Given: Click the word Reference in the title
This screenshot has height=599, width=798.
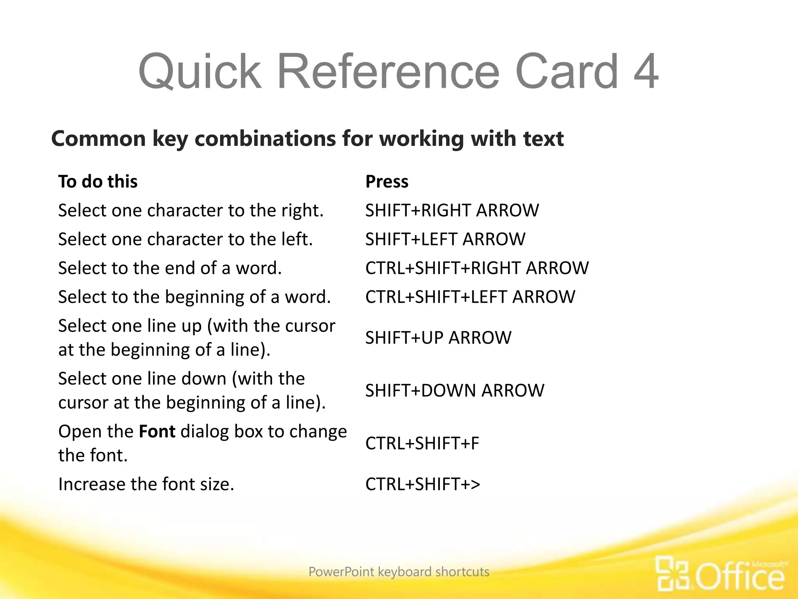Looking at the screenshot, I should click(x=388, y=72).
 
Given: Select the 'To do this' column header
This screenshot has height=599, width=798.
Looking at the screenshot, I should click(x=98, y=182).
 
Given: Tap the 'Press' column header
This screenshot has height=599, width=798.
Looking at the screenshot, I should click(x=387, y=182).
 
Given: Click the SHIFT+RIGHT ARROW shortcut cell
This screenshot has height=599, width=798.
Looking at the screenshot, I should click(x=452, y=211).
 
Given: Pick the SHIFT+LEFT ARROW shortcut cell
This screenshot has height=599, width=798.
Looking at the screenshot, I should click(x=445, y=239).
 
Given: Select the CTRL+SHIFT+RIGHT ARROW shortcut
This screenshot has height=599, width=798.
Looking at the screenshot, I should click(x=477, y=268).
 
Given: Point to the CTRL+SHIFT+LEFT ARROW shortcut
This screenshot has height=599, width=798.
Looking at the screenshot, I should click(x=470, y=297).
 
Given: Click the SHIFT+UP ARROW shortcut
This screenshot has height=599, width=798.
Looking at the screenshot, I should click(x=438, y=338).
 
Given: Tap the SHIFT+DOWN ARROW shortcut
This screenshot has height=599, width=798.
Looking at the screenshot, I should click(x=455, y=391).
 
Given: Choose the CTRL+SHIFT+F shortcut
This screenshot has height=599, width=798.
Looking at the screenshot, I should click(x=422, y=443).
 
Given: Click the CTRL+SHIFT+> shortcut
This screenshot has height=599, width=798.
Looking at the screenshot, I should click(x=423, y=484).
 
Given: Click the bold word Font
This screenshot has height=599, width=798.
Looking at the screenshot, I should click(x=157, y=432).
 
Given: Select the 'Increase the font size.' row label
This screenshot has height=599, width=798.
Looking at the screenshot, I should click(x=146, y=484).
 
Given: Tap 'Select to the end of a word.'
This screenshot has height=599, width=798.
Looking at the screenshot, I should click(x=170, y=268).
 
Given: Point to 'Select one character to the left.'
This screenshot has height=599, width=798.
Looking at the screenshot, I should click(x=185, y=239).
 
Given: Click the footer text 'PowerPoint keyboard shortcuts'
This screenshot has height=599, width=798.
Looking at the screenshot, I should click(x=399, y=572).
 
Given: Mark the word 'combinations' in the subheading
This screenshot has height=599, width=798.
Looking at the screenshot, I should click(x=265, y=139).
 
